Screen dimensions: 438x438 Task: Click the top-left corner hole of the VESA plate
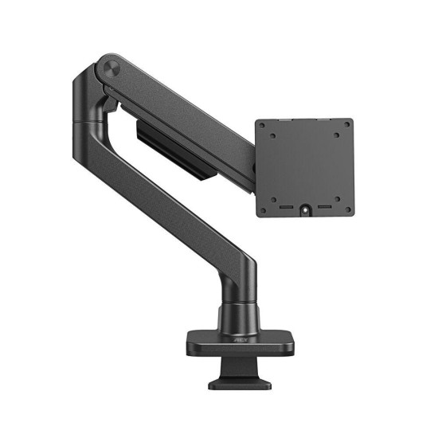(263, 124)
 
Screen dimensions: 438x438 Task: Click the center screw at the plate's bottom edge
(304, 211)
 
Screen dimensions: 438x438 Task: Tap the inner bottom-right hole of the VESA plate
(335, 197)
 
